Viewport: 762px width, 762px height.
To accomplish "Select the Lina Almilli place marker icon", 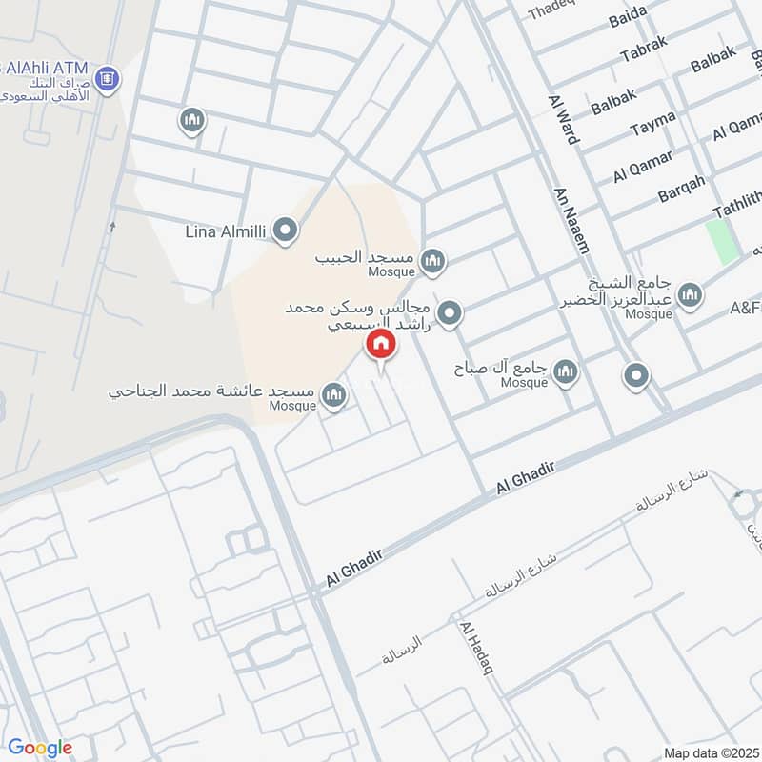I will (284, 230).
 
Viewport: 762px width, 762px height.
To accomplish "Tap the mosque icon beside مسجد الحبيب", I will (433, 260).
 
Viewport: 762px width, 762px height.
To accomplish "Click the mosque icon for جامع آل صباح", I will (566, 372).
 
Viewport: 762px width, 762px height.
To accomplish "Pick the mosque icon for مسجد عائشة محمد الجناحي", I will (333, 395).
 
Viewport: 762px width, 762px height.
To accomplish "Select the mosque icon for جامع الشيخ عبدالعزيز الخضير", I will (690, 294).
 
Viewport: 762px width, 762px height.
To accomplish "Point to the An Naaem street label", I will (571, 220).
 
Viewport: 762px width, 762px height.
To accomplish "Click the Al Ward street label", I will (563, 120).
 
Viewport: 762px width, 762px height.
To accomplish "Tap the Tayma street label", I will (653, 122).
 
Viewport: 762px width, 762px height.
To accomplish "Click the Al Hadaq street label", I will (476, 649).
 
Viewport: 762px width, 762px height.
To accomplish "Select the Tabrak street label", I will (644, 53).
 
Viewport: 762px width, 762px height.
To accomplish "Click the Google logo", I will (40, 748).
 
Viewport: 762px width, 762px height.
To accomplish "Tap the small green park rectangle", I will (723, 241).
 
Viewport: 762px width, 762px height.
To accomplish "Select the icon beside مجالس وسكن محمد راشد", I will (450, 312).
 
